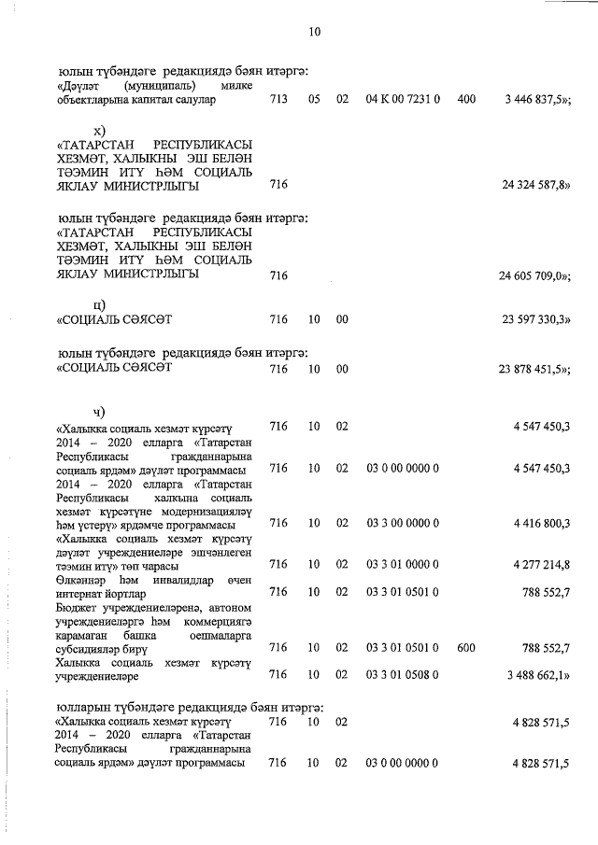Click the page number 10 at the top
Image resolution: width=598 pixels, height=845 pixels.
pyautogui.click(x=314, y=33)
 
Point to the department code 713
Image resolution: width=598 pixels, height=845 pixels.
pyautogui.click(x=278, y=100)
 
